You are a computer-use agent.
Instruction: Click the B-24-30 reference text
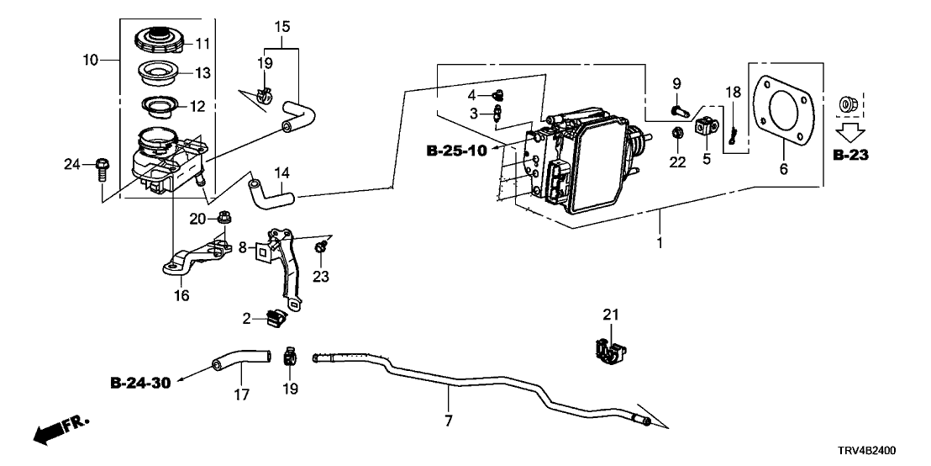pos(140,384)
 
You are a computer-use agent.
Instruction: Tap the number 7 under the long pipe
pos(449,421)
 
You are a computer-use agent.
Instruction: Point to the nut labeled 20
pos(224,220)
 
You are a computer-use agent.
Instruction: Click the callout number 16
pos(181,295)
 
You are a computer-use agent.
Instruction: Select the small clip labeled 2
pos(275,318)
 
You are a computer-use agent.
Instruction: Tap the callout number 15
pos(282,28)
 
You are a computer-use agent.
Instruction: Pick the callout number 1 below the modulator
pos(660,244)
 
